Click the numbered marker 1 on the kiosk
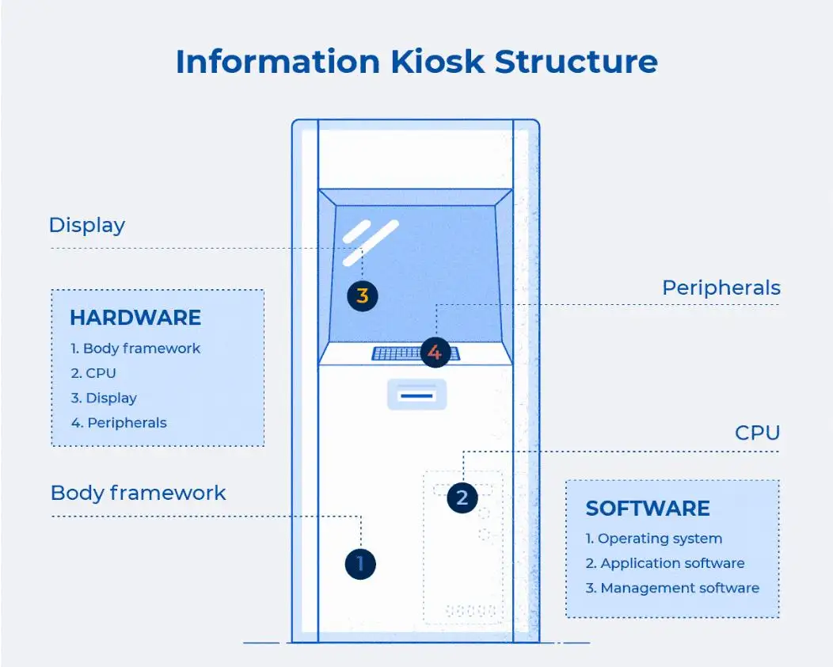tap(360, 564)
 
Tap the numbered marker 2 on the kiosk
tap(462, 498)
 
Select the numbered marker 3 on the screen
tap(363, 296)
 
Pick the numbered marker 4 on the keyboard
tap(435, 352)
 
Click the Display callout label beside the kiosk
tap(87, 225)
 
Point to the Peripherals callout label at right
tap(721, 288)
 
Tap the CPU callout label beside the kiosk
tap(757, 433)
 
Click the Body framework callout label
tap(138, 493)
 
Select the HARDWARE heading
tap(135, 318)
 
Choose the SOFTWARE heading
tap(648, 508)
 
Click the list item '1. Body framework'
tap(135, 349)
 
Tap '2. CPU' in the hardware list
tap(93, 373)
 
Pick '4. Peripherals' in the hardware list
tap(119, 423)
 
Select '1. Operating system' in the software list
tap(653, 539)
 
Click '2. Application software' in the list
tap(665, 563)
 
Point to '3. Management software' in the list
tap(672, 588)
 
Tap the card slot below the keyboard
tap(416, 394)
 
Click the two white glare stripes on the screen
tap(370, 242)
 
